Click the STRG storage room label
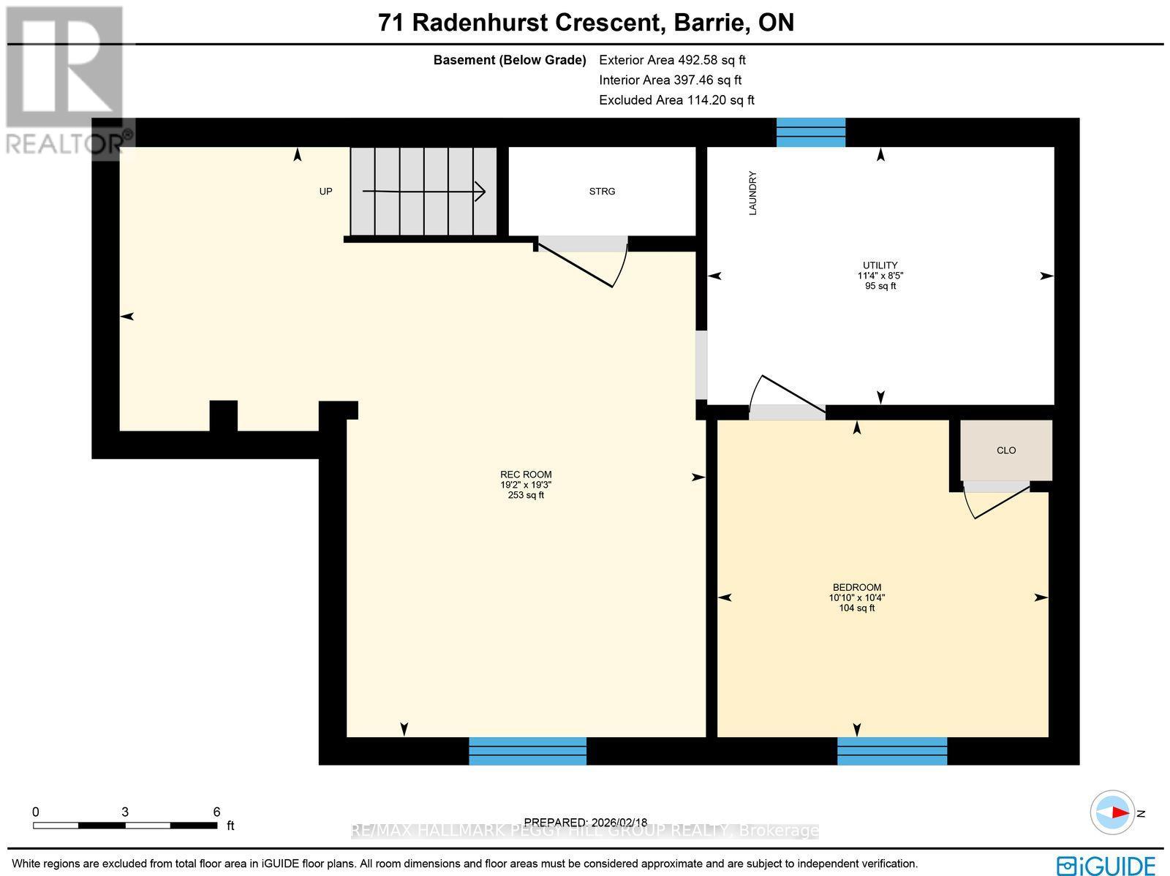(602, 192)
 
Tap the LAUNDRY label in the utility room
(752, 193)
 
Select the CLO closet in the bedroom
(1006, 450)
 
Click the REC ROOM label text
(526, 475)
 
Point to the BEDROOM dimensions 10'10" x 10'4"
(856, 597)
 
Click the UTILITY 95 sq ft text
(880, 286)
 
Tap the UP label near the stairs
(325, 192)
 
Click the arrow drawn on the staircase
(424, 192)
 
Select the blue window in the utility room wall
(810, 132)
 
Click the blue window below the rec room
(527, 751)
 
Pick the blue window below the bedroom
(891, 751)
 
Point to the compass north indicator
(1117, 812)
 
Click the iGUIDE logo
(1107, 865)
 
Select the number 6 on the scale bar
(216, 812)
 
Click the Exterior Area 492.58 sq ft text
(672, 60)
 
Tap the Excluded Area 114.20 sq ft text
(676, 100)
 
